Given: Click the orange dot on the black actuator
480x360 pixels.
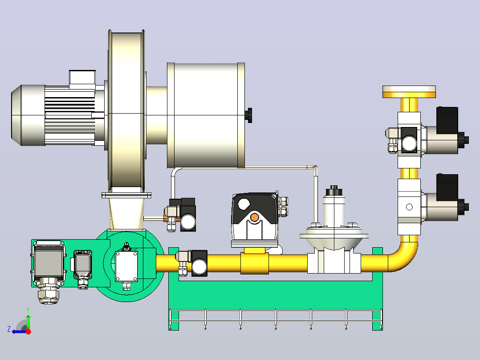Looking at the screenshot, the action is tap(254, 217).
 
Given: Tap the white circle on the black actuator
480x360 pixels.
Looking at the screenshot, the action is tap(244, 205).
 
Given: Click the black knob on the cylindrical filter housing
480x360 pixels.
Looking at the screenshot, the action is tap(249, 115).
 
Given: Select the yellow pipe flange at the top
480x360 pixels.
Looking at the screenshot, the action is tap(409, 92).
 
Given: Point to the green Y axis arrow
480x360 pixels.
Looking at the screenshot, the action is tap(28, 320).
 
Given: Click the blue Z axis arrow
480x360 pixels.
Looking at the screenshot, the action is tap(19, 331).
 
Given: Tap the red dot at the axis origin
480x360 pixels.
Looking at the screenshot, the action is tap(28, 331).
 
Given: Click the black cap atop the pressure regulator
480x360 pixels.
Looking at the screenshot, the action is tap(334, 191).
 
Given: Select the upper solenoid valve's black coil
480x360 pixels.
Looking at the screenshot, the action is tap(447, 120).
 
